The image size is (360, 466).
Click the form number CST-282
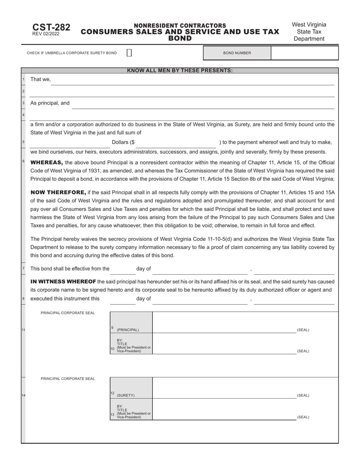point(51,27)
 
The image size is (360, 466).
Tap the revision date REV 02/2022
point(46,34)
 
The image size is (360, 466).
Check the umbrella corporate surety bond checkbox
point(129,53)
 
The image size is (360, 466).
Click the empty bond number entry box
point(304,53)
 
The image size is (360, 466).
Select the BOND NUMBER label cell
point(237,53)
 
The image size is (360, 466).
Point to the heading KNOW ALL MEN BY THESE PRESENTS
point(180,70)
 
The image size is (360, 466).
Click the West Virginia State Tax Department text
point(309,31)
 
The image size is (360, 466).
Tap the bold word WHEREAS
point(47,163)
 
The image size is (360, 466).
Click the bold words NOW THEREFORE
point(58,192)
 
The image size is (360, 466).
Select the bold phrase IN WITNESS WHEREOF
point(63,281)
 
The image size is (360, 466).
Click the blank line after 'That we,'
point(193,81)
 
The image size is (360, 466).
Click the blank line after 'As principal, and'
point(203,105)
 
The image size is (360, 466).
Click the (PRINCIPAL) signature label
point(128,330)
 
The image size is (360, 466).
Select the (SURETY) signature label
point(125,395)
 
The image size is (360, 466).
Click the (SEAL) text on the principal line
point(303,330)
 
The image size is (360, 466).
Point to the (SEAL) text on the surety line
point(303,395)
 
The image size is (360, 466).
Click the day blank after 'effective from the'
point(122,270)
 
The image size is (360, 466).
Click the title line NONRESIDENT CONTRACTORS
point(180,25)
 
